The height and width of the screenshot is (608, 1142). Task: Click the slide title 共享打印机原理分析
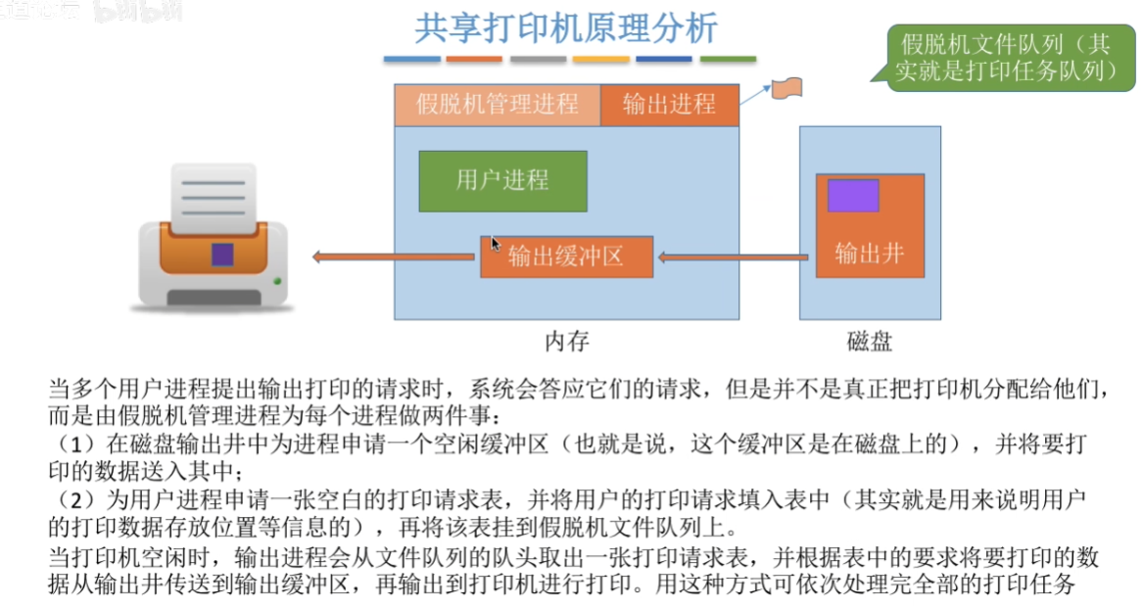566,28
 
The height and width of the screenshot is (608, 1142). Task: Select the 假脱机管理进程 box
498,105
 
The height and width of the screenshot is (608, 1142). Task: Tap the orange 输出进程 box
670,105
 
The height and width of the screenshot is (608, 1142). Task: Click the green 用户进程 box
502,181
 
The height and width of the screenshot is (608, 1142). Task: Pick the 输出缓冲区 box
567,257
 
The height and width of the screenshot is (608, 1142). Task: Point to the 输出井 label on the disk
870,254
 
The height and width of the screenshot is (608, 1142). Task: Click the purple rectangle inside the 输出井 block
853,195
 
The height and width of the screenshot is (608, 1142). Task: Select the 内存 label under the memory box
567,341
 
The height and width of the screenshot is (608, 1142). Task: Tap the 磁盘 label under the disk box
870,341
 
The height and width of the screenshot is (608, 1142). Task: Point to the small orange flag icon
786,88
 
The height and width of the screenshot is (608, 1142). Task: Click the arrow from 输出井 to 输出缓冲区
733,257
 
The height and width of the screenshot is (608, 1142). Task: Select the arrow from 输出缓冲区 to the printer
394,257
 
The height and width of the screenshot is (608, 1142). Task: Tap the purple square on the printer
222,255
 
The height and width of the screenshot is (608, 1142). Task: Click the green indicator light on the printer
277,281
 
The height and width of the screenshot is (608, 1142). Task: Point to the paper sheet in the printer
214,198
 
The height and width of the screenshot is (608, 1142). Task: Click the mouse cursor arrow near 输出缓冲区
496,244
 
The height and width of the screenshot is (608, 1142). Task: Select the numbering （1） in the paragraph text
76,444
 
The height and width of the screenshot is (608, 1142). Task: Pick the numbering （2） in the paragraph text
76,499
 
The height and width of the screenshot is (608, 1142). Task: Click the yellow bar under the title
600,59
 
